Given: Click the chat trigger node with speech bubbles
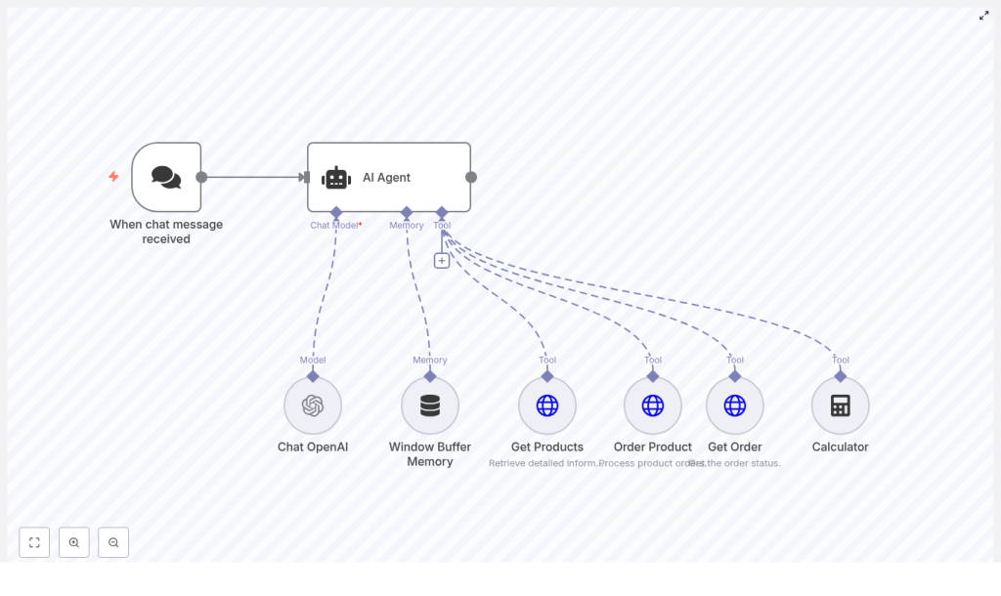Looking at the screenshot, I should point(166,177).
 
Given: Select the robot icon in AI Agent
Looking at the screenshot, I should point(336,178).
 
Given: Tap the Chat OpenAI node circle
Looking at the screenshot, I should point(313,405).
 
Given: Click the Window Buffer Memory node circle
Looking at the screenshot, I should point(430,405).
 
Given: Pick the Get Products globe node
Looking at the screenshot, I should point(547,405).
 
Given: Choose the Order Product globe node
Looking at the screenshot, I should point(653,405).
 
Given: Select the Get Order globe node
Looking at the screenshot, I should point(735,405).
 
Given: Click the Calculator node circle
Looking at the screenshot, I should point(841,405).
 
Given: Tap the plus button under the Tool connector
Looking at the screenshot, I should point(442,261).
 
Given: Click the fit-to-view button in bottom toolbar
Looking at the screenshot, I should point(34,542).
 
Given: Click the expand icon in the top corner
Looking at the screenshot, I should point(984,16).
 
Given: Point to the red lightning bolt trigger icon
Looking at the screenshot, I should point(113,177).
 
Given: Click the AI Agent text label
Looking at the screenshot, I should point(386,178).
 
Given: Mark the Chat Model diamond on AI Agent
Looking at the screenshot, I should point(336,212).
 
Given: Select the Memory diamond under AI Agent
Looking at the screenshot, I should point(407,212).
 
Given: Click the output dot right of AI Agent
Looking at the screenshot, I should point(471,178).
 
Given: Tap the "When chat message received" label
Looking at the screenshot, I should point(166,232).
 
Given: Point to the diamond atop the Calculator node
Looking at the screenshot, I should point(841,376).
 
